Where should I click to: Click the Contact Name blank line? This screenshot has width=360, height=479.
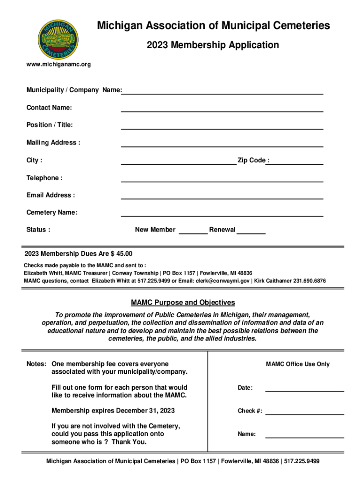tap(222, 109)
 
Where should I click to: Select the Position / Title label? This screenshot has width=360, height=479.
tap(50, 125)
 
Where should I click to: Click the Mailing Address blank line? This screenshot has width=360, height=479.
tap(222, 144)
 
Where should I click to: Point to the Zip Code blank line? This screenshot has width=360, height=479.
tap(296, 161)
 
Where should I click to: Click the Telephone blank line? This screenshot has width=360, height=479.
tap(222, 179)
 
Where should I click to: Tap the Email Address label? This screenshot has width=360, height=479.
tap(50, 195)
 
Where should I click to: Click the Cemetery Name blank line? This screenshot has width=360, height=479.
tap(222, 213)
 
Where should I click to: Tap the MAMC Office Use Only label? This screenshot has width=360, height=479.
tap(297, 364)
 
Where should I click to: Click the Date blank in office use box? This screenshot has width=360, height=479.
tap(304, 388)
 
